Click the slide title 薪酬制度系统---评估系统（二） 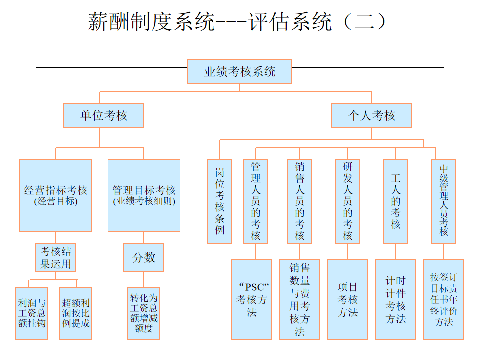coord(238,22)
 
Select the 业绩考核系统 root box coord(239,72)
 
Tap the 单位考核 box coord(103,115)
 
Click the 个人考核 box coord(371,115)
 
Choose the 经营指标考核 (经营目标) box coord(55,195)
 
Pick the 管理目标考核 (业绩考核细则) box coord(144,195)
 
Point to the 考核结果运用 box coord(55,257)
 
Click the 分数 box coord(144,257)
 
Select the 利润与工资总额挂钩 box coord(32,313)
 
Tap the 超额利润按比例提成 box coord(75,313)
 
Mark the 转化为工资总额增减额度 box coord(144,313)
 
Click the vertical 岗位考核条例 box coord(219,201)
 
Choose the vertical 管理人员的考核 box coord(255,201)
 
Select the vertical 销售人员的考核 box coord(299,201)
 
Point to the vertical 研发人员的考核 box coord(347,201)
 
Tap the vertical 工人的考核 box coord(395,201)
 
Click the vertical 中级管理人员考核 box coord(443,201)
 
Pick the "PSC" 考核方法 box coord(251,299)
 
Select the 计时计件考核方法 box coord(395,299)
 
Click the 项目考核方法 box coord(347,299)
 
